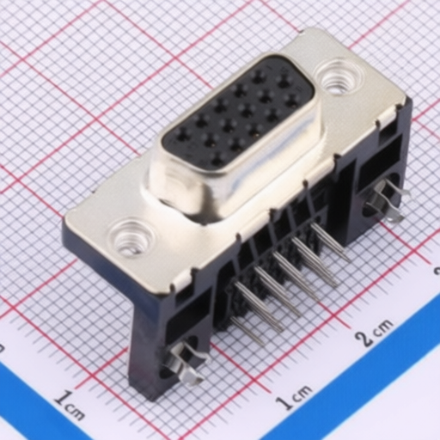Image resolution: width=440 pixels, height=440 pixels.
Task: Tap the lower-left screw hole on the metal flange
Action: [131, 237]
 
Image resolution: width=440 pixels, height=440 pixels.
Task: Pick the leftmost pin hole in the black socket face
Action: [182, 135]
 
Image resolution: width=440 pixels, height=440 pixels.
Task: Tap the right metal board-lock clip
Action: [389, 199]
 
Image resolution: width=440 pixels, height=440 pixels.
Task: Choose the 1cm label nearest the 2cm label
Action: [295, 396]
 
